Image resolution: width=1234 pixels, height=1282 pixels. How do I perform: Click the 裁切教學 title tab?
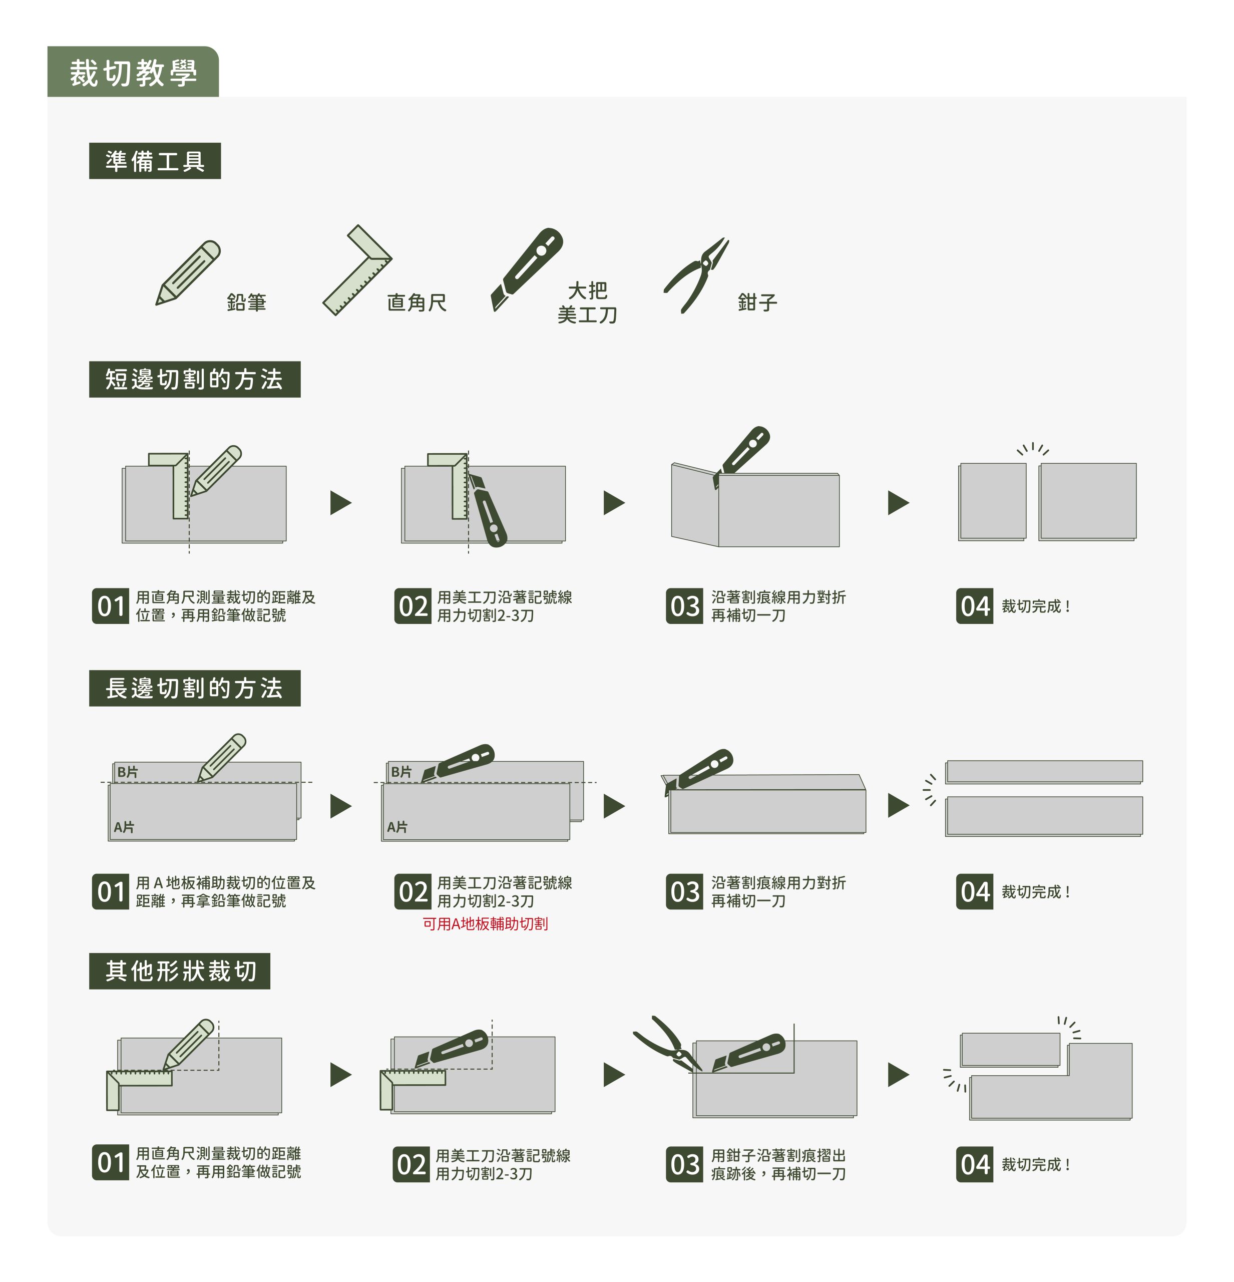coord(133,72)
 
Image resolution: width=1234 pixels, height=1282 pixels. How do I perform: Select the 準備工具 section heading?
coord(155,161)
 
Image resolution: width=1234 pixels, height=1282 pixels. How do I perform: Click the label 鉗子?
coord(757,302)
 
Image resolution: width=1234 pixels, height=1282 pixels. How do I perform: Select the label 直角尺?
coord(417,302)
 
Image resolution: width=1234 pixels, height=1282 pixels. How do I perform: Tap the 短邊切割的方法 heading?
coord(194,380)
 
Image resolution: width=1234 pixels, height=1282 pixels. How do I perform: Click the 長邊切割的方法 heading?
coord(194,688)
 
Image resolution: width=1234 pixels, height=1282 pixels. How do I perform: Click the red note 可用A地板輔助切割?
coord(485,923)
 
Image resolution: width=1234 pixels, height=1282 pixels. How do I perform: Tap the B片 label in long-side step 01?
coord(128,772)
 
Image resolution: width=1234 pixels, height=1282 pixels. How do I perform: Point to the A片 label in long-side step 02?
coord(397,827)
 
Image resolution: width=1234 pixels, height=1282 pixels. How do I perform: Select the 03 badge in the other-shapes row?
coord(684,1165)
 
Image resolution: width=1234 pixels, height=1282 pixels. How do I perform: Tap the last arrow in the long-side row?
coord(899,805)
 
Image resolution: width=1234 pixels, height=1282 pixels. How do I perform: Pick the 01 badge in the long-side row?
coord(111,891)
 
